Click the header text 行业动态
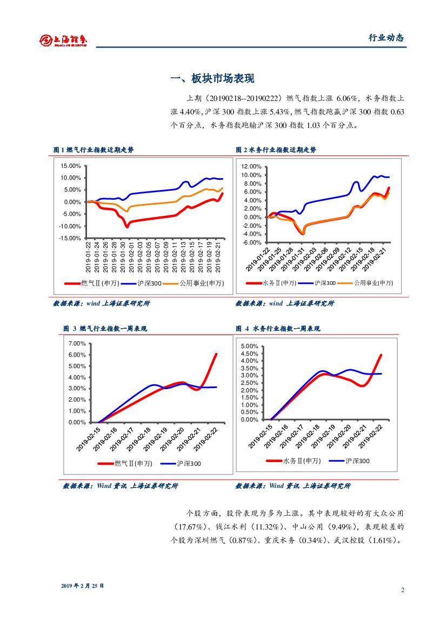pyautogui.click(x=386, y=38)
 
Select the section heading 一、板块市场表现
pyautogui.click(x=212, y=78)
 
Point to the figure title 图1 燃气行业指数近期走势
pyautogui.click(x=93, y=150)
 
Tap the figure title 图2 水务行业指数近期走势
pyautogui.click(x=276, y=150)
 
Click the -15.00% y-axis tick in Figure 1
pyautogui.click(x=70, y=238)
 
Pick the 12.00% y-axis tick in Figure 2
pyautogui.click(x=252, y=167)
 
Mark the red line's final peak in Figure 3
pyautogui.click(x=216, y=354)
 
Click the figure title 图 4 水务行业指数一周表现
pyautogui.click(x=278, y=329)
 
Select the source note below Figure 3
pyautogui.click(x=120, y=486)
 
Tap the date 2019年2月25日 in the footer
pyautogui.click(x=82, y=586)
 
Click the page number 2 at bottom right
pyautogui.click(x=403, y=589)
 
